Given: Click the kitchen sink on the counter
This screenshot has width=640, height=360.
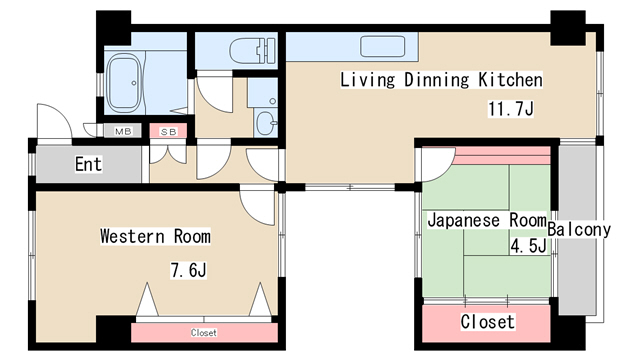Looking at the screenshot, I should [382, 47].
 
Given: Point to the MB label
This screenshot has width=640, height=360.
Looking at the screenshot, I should [123, 131].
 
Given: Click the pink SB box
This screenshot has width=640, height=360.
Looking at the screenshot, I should [166, 131].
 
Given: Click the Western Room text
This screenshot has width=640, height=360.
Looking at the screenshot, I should [155, 236].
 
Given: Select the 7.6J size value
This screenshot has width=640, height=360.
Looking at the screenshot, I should [187, 269].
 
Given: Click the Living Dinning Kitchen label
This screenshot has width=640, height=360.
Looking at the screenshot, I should [441, 79].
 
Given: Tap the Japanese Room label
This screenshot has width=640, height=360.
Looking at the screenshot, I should [487, 219].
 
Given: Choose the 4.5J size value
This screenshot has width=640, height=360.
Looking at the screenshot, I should [527, 246].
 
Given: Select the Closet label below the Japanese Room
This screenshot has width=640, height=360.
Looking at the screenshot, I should [487, 322].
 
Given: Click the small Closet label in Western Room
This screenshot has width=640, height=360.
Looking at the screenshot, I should [203, 332].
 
